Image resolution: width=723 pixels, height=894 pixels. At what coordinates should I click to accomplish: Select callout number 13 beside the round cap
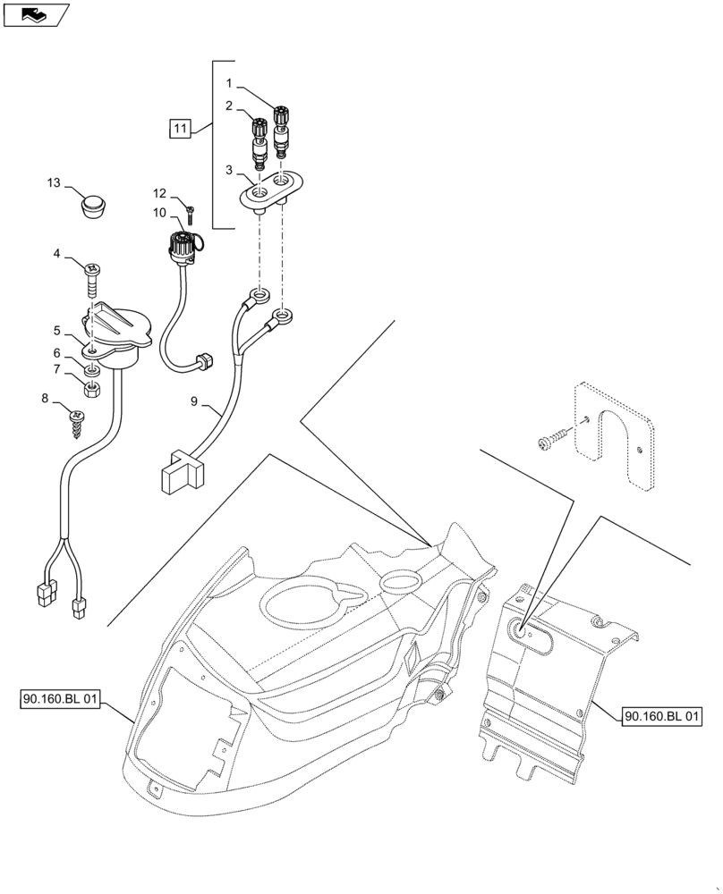click(55, 183)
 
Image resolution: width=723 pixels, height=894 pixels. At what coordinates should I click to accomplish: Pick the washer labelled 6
click(92, 369)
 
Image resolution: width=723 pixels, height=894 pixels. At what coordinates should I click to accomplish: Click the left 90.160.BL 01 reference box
click(57, 700)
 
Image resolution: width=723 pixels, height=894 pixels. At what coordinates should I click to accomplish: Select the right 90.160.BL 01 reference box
click(662, 716)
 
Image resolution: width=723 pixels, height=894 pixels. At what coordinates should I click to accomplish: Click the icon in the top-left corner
click(35, 13)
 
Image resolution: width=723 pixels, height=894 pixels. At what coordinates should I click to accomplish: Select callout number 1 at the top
click(230, 83)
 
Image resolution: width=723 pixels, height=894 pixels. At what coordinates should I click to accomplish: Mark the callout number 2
click(230, 105)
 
